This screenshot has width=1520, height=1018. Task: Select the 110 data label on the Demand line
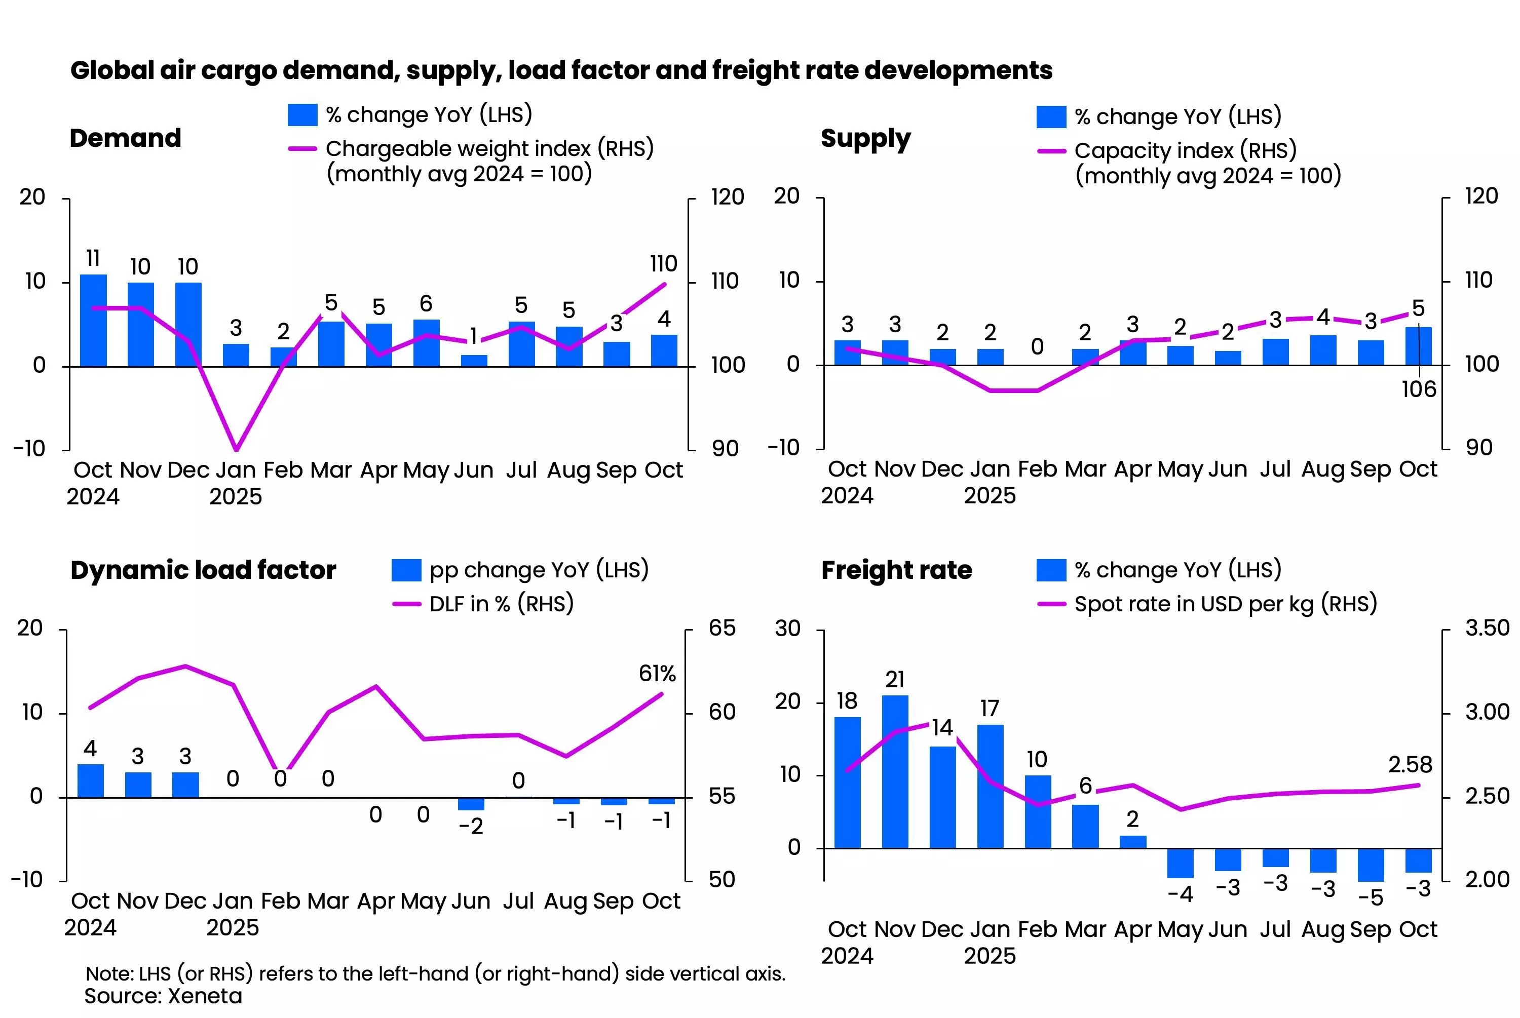(663, 263)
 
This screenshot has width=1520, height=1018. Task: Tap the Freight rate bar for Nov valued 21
(895, 771)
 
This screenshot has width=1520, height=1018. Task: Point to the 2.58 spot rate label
(1410, 765)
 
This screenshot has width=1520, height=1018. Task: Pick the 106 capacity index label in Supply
(1419, 389)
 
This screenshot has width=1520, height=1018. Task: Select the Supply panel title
(865, 138)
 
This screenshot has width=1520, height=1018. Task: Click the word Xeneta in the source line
(205, 996)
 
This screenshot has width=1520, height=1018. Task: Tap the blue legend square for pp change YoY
(406, 570)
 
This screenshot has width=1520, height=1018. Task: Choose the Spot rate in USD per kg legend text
(1225, 604)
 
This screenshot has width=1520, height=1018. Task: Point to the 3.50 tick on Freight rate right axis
(1487, 628)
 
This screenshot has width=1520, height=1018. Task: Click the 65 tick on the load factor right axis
(722, 628)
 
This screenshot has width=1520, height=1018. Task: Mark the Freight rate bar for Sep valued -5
(1371, 865)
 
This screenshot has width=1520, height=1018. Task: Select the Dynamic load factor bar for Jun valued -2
(471, 804)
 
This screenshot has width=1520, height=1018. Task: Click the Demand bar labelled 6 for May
(426, 343)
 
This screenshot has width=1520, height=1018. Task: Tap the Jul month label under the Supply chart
(1275, 469)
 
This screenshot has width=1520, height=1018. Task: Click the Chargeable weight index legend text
(489, 149)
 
